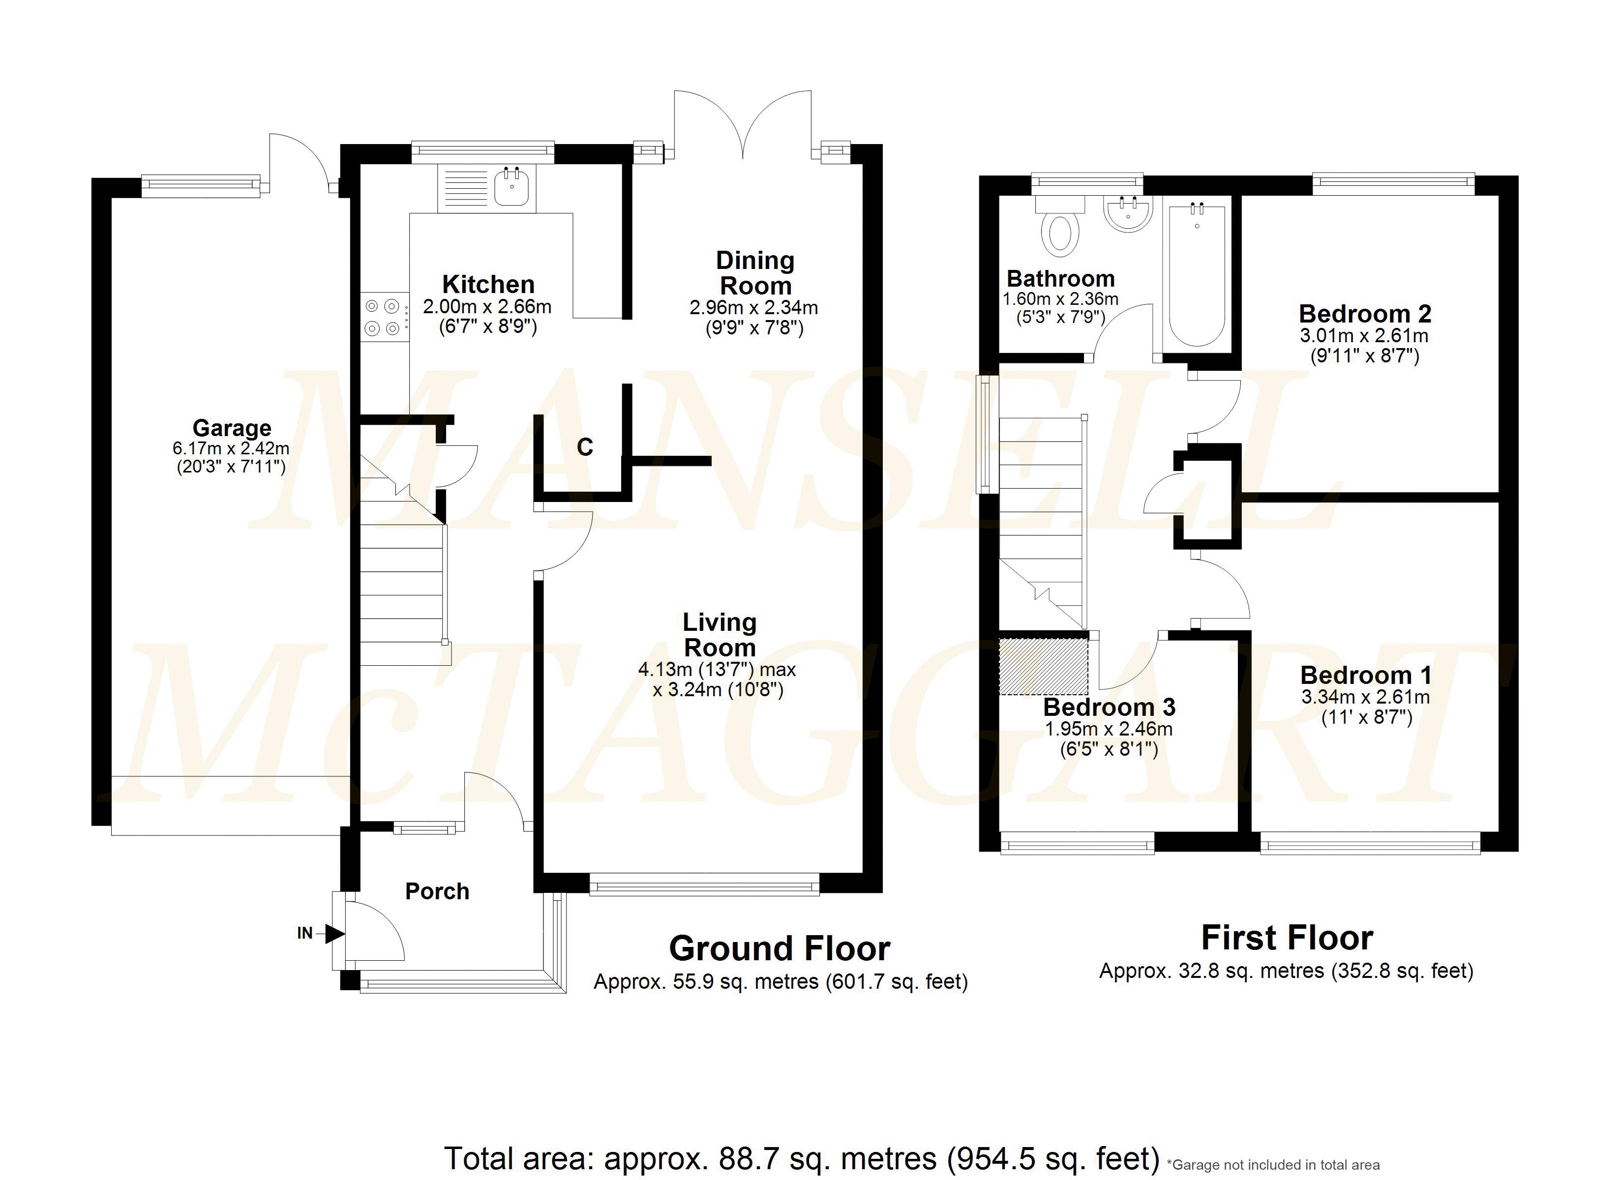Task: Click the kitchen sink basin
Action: (x=511, y=187)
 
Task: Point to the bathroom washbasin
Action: (x=1129, y=213)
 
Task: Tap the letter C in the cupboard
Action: (x=585, y=447)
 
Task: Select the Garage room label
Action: (x=232, y=428)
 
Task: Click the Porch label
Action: (x=437, y=891)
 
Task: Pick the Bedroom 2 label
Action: (x=1365, y=313)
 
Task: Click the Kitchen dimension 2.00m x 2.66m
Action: (x=487, y=307)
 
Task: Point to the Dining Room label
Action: (x=755, y=273)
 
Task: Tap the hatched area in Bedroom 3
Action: (x=1044, y=666)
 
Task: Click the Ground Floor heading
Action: (x=780, y=949)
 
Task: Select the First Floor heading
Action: (x=1287, y=938)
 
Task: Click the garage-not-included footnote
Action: (x=1272, y=1165)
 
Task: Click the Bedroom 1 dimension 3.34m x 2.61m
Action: (x=1365, y=697)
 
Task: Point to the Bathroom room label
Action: (x=1060, y=278)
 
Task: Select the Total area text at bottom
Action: (x=802, y=1158)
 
